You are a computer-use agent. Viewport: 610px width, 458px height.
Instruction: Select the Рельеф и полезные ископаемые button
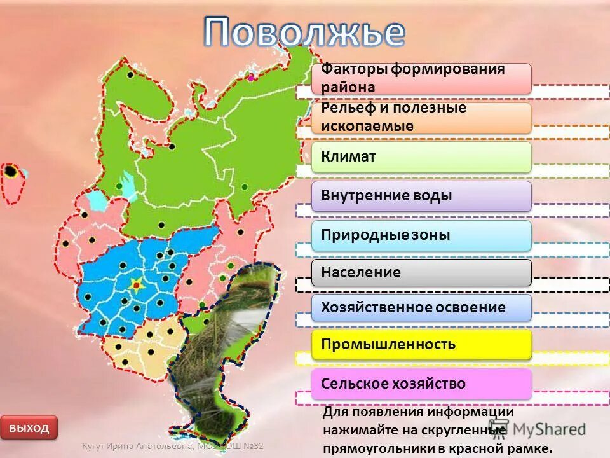pyautogui.click(x=421, y=118)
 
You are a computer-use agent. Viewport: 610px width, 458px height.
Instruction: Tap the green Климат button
pyautogui.click(x=421, y=156)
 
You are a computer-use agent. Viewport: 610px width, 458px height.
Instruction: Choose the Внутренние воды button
pyautogui.click(x=421, y=196)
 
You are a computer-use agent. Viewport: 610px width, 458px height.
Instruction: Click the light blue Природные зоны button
pyautogui.click(x=421, y=235)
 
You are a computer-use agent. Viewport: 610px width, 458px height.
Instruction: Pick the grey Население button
pyautogui.click(x=421, y=272)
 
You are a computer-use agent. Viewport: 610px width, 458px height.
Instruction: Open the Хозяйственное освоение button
pyautogui.click(x=421, y=307)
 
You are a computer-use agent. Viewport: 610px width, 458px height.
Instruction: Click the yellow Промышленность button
pyautogui.click(x=421, y=344)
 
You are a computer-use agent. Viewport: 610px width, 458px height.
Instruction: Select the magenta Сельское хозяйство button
pyautogui.click(x=421, y=384)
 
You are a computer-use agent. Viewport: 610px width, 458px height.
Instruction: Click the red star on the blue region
pyautogui.click(x=135, y=286)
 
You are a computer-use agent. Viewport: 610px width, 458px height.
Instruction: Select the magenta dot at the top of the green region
pyautogui.click(x=251, y=77)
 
